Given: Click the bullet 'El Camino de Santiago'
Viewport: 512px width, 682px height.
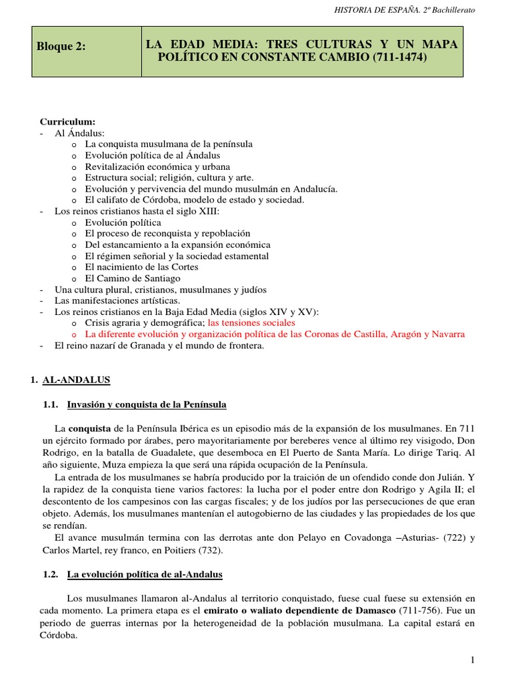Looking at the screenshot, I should pos(133,278).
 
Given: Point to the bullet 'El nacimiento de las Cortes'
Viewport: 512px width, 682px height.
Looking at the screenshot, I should pos(141,267).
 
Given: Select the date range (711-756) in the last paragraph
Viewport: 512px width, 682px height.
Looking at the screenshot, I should pos(422,611).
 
